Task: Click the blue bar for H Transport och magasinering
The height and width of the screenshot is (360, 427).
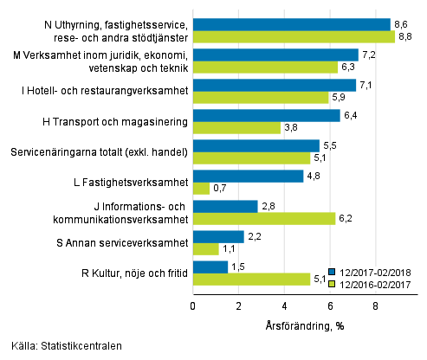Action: pos(266,115)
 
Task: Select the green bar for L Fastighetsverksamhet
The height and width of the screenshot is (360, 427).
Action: pos(201,188)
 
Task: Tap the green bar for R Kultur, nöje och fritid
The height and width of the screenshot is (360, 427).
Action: pos(251,279)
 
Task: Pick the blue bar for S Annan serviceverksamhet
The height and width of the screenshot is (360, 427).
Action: pos(218,236)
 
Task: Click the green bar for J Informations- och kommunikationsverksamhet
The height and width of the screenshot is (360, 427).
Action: pos(263,218)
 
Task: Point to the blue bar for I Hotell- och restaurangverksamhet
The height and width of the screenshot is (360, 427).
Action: pos(274,85)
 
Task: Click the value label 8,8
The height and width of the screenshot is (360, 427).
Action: pos(404,36)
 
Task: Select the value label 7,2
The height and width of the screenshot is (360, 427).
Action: pos(368,55)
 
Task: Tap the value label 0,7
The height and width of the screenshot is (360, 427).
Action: pos(219,188)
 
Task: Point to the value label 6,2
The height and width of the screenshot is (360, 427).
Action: pos(345,218)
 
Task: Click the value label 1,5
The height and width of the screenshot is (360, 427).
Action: pos(237,267)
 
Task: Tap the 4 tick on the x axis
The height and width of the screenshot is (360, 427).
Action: pos(284,305)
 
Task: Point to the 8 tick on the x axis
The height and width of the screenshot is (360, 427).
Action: pos(375,305)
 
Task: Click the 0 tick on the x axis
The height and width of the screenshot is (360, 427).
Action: pos(192,305)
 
